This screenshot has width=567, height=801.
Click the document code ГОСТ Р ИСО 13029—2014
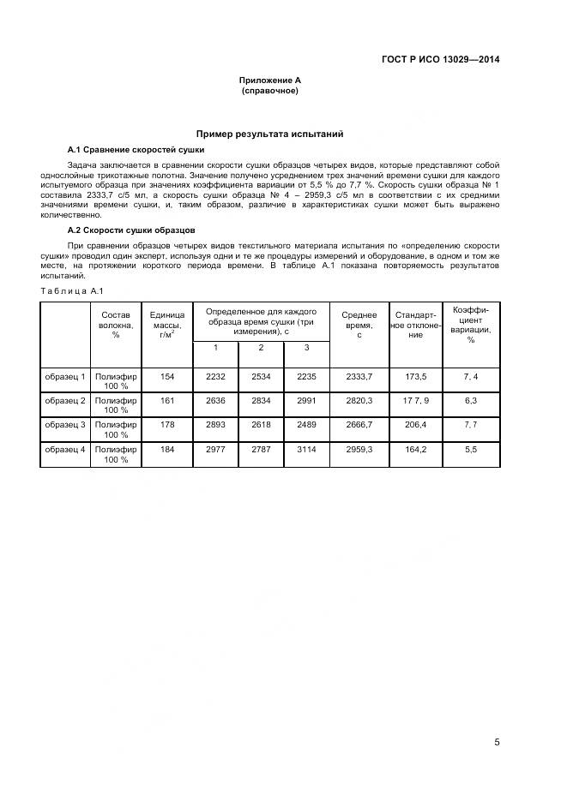click(x=441, y=59)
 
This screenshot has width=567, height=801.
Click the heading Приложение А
click(x=269, y=81)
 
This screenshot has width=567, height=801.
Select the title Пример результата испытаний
click(x=269, y=134)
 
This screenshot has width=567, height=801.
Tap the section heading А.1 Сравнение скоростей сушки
click(x=136, y=150)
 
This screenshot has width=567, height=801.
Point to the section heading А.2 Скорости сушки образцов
click(x=131, y=230)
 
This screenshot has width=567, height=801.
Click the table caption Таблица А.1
click(x=72, y=291)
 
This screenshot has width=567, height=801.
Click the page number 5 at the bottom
click(x=497, y=743)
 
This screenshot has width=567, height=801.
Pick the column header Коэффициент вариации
click(x=470, y=324)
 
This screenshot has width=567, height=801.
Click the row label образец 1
click(x=65, y=376)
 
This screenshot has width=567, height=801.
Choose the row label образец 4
click(x=65, y=450)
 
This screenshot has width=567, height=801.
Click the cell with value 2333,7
click(x=359, y=376)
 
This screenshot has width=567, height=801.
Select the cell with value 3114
click(x=307, y=450)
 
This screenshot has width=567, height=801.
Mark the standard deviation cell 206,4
click(x=415, y=425)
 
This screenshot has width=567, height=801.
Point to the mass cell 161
click(x=166, y=400)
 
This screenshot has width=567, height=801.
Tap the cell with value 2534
click(x=262, y=376)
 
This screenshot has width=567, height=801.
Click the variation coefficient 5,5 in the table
click(x=470, y=450)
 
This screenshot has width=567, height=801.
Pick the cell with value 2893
click(x=215, y=425)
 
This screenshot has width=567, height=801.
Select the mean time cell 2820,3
click(x=359, y=400)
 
